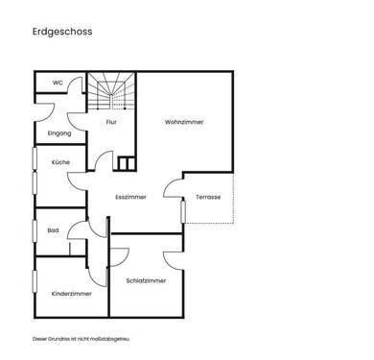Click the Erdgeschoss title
tap(61, 32)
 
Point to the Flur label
tap(111, 123)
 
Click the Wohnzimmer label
tap(184, 123)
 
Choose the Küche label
tap(60, 162)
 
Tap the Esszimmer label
tap(130, 196)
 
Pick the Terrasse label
tap(208, 196)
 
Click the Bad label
tap(53, 230)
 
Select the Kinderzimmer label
tap(72, 294)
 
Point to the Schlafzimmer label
tap(146, 280)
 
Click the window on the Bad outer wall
tap(35, 230)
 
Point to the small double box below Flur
tap(126, 162)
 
